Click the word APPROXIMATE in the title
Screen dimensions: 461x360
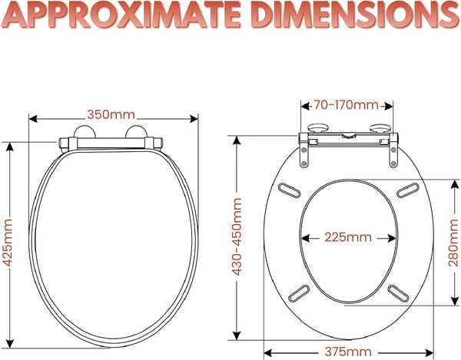[x=121, y=15]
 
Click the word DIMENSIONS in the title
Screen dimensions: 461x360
[x=352, y=15]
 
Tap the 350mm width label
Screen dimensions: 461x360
[x=111, y=115]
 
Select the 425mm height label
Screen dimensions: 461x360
[x=8, y=243]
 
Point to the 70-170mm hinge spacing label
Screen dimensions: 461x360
[x=346, y=105]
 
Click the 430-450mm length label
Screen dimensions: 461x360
[x=237, y=236]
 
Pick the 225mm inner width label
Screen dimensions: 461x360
[x=348, y=237]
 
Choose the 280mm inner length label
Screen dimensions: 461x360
[x=453, y=243]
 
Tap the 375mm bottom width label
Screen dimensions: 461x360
[x=348, y=352]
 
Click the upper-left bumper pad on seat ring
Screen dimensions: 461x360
[x=290, y=191]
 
